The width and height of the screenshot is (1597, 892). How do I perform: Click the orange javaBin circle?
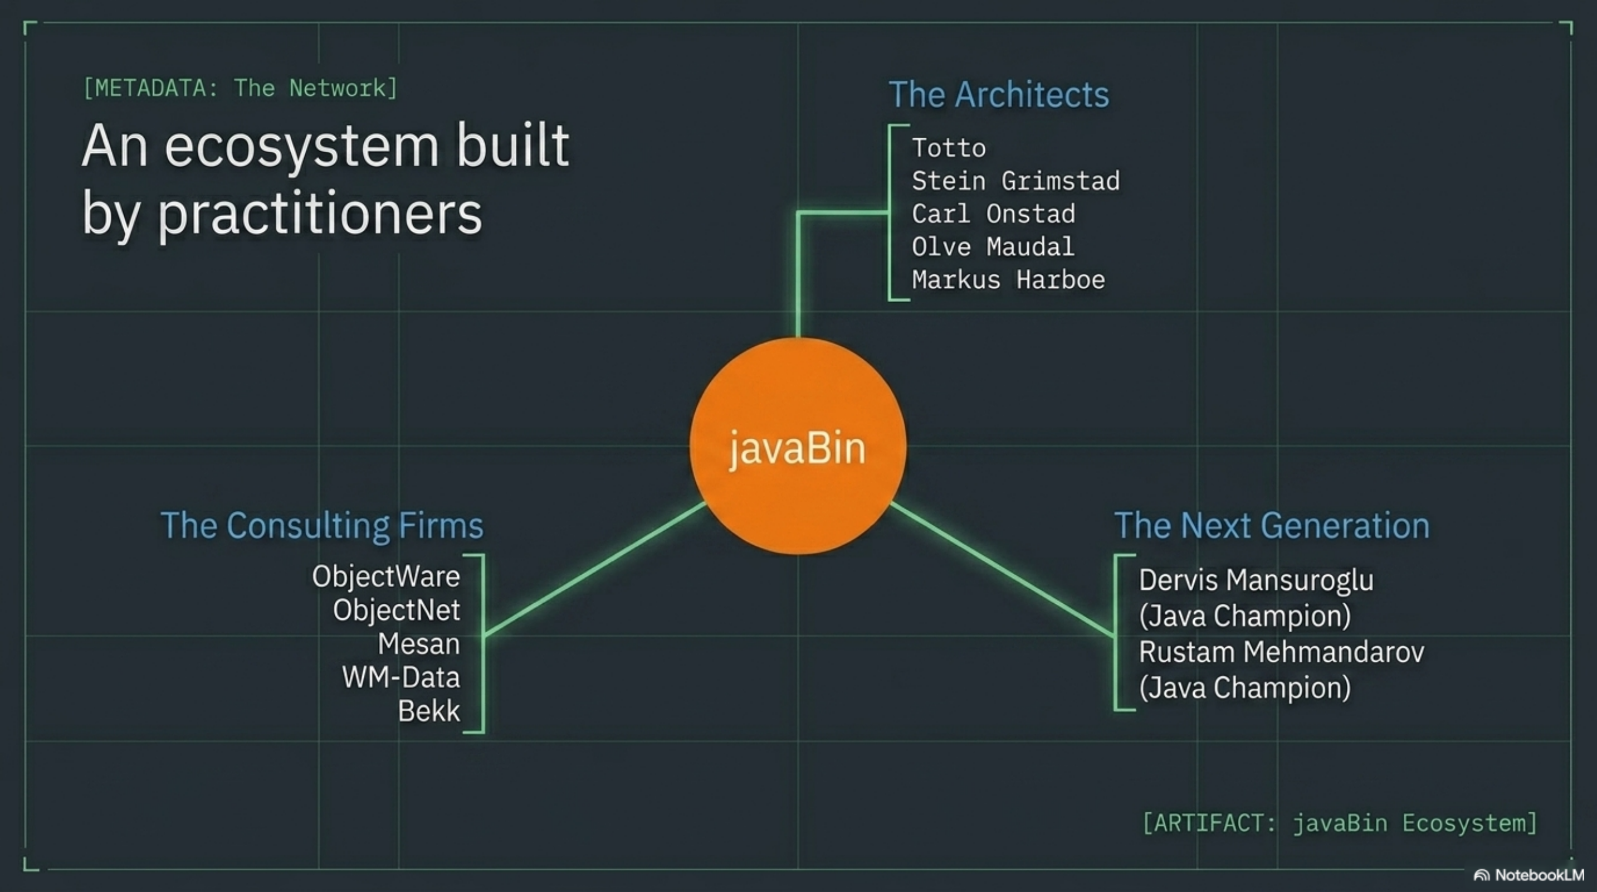798,446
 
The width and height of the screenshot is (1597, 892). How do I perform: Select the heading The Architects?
999,94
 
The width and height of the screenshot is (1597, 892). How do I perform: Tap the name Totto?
949,148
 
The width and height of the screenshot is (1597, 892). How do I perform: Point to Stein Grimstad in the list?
1015,181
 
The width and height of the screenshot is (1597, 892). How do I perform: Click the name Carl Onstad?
993,214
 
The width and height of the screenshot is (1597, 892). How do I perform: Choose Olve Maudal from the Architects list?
993,247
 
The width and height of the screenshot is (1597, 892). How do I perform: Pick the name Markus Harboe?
1008,280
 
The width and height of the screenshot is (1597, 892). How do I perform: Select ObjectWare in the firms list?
385,577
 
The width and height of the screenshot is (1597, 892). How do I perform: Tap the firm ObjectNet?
396,610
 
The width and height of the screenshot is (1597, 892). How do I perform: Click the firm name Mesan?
418,644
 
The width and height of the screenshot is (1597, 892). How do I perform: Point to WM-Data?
401,677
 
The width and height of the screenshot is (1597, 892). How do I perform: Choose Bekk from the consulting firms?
428,711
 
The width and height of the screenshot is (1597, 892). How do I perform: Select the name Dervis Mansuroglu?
1256,580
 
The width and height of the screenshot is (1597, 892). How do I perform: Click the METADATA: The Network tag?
240,88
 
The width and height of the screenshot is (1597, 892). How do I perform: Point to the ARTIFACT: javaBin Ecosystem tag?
1340,823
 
